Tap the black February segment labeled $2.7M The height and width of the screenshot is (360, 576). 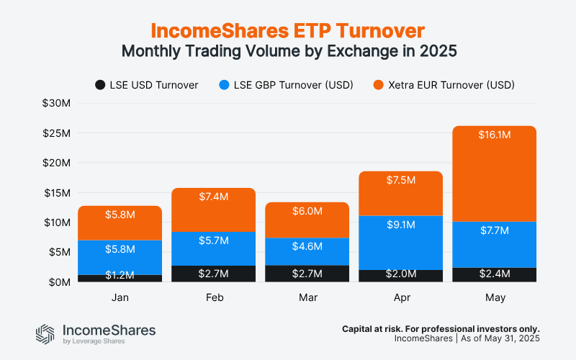(213, 274)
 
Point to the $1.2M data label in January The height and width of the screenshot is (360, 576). (120, 275)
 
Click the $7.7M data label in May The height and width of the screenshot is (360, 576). (494, 231)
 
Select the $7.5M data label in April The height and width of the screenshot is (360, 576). (400, 180)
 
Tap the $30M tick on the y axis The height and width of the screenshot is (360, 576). (55, 104)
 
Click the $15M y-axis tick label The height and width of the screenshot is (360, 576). (55, 193)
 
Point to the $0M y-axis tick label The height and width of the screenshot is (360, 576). (58, 282)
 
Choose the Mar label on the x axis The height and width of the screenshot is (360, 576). (307, 297)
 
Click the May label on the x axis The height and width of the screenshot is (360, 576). (494, 297)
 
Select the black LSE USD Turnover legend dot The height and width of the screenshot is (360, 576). (100, 85)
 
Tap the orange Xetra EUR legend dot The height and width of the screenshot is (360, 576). (377, 85)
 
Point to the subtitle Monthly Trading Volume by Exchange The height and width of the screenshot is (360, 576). (288, 52)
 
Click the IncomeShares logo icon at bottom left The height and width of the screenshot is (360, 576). (45, 333)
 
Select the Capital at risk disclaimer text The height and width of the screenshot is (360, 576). (441, 328)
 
